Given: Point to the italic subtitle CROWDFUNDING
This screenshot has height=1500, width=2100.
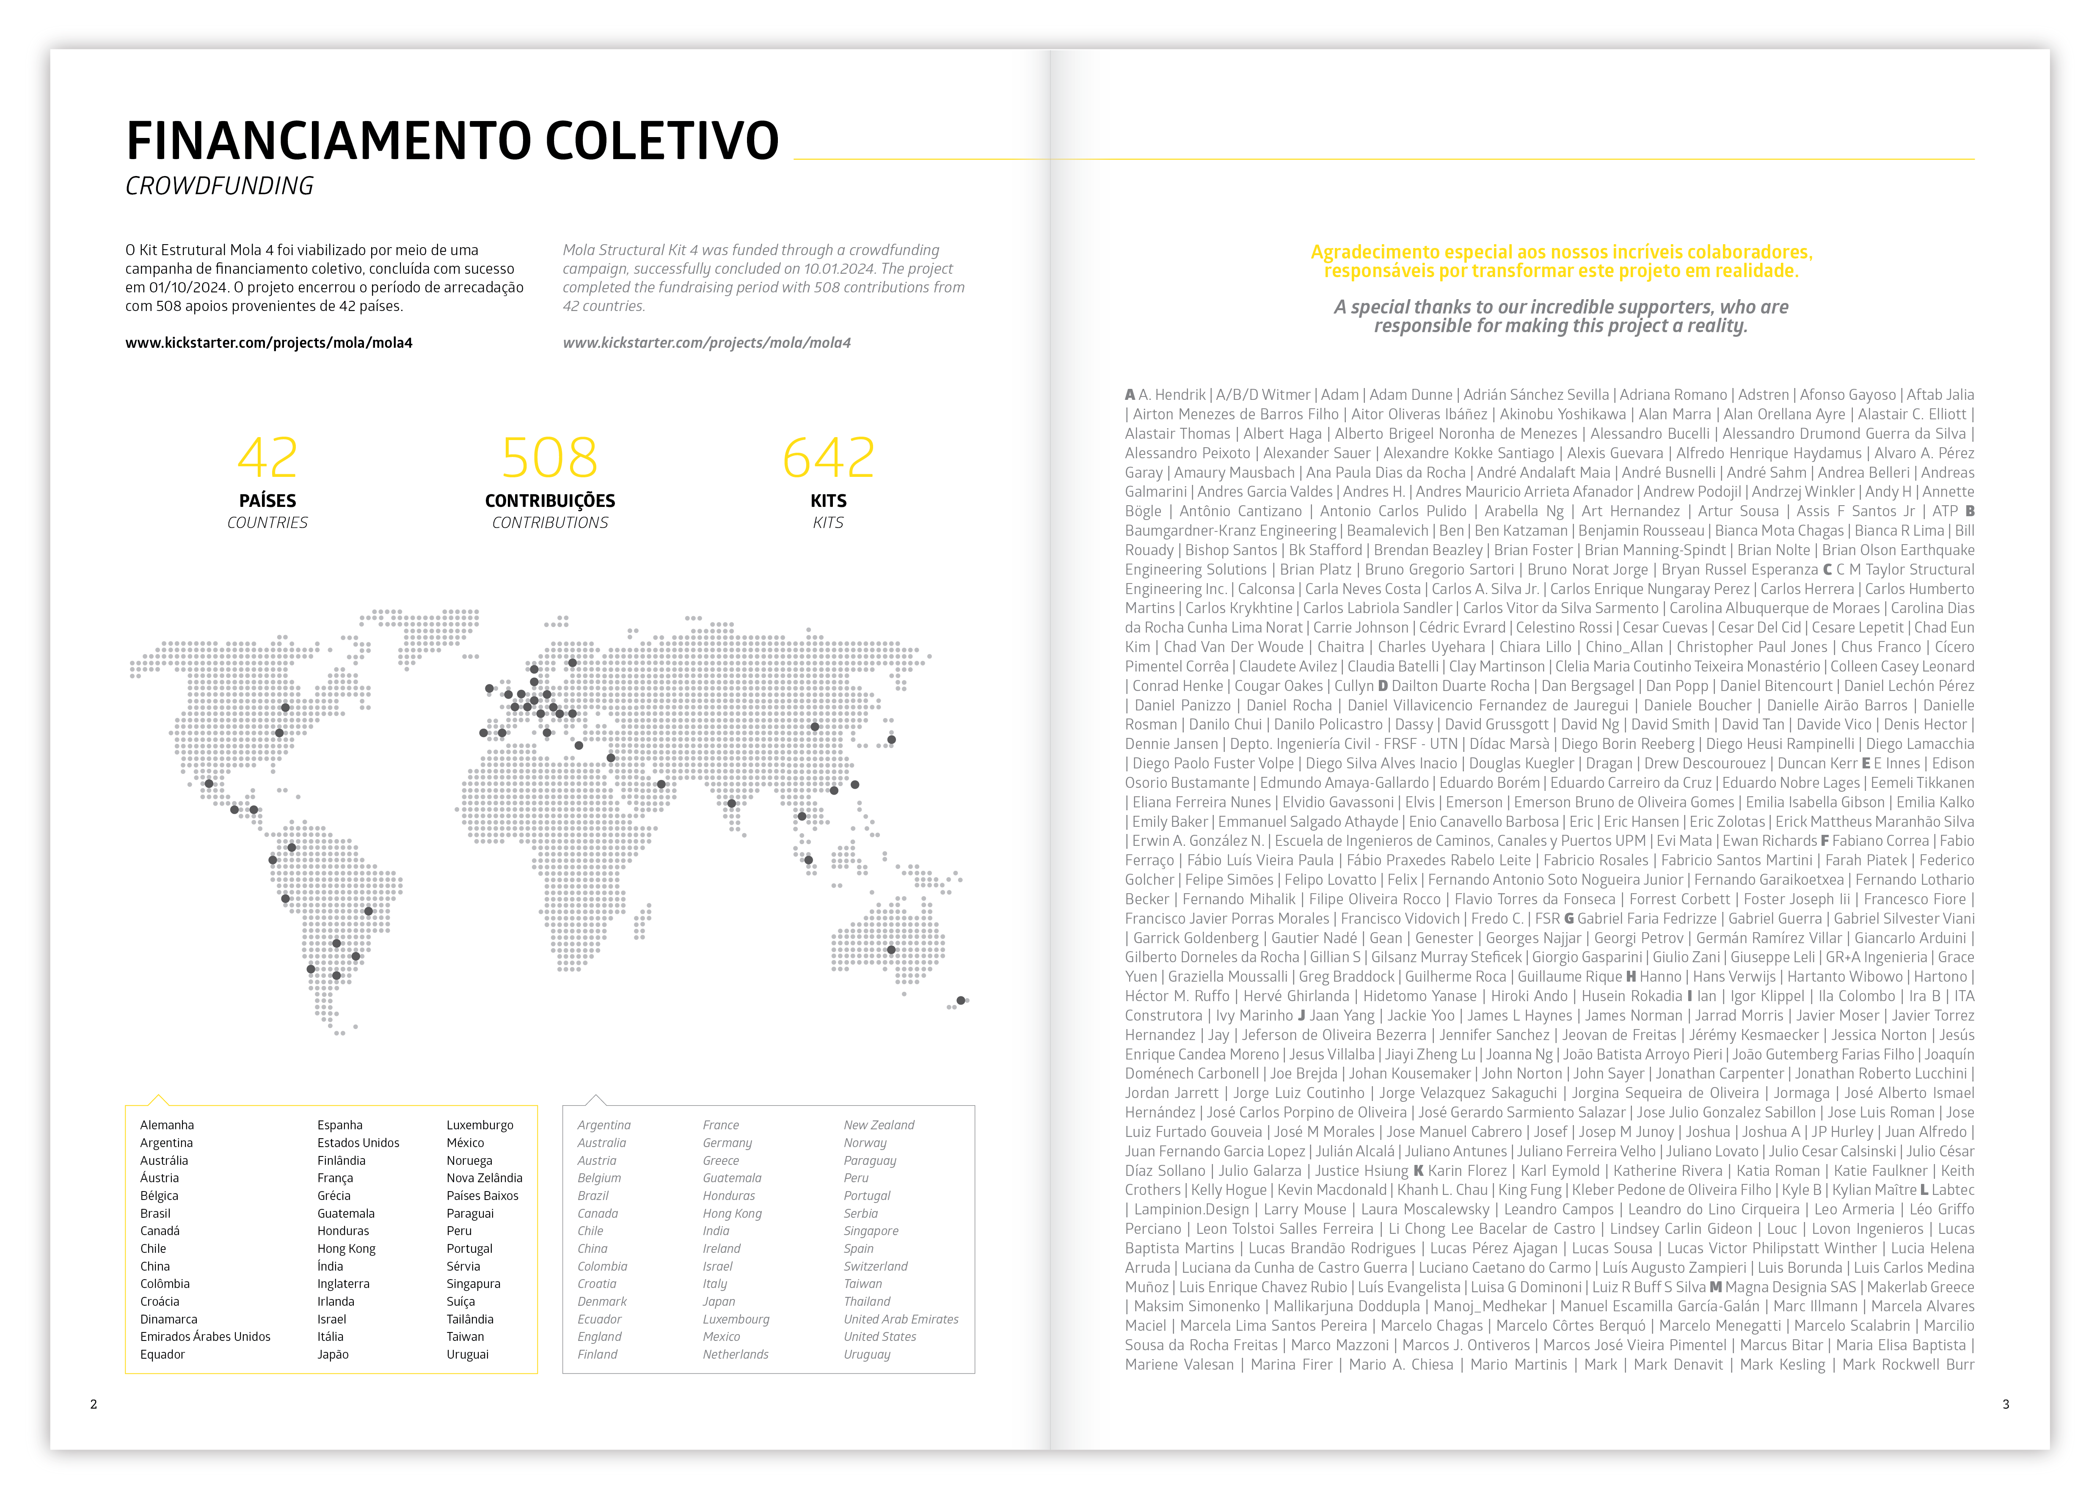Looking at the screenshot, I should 220,187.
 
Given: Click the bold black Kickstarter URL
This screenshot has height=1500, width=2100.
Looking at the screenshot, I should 269,343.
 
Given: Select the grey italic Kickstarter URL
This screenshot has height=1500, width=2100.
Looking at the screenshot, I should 707,343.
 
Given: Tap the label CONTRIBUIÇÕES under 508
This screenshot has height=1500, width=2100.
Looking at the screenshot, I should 550,501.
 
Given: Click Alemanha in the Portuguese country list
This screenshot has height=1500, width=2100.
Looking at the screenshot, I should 167,1125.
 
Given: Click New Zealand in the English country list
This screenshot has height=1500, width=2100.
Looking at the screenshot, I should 879,1125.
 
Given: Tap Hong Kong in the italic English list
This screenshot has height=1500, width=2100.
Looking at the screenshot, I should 732,1214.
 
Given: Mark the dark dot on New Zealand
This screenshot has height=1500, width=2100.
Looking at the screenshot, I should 961,1000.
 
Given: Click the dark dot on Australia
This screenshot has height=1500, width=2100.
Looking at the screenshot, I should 892,950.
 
